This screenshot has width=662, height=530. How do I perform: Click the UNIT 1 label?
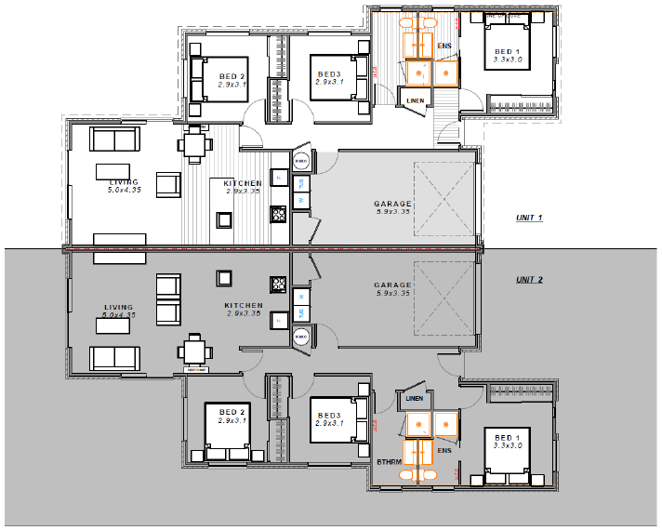[529, 219]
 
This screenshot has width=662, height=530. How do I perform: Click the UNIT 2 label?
[529, 280]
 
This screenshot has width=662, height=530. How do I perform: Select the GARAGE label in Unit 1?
[392, 204]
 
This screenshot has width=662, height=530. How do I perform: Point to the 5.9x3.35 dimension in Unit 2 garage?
[392, 294]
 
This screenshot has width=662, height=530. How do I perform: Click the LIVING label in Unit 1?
[124, 182]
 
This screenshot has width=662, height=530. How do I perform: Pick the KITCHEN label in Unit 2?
[244, 305]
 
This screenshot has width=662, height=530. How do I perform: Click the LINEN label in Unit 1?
[414, 100]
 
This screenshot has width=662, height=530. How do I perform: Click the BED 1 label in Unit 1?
[507, 52]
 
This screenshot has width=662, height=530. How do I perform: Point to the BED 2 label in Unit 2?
[232, 412]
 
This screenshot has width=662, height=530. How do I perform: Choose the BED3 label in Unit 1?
[329, 74]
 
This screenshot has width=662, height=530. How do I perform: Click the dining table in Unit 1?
[194, 144]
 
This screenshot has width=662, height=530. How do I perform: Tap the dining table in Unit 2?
[194, 351]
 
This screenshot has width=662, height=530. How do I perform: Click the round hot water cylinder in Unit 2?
[301, 338]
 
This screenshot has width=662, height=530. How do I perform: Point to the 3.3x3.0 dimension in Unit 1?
[508, 61]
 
